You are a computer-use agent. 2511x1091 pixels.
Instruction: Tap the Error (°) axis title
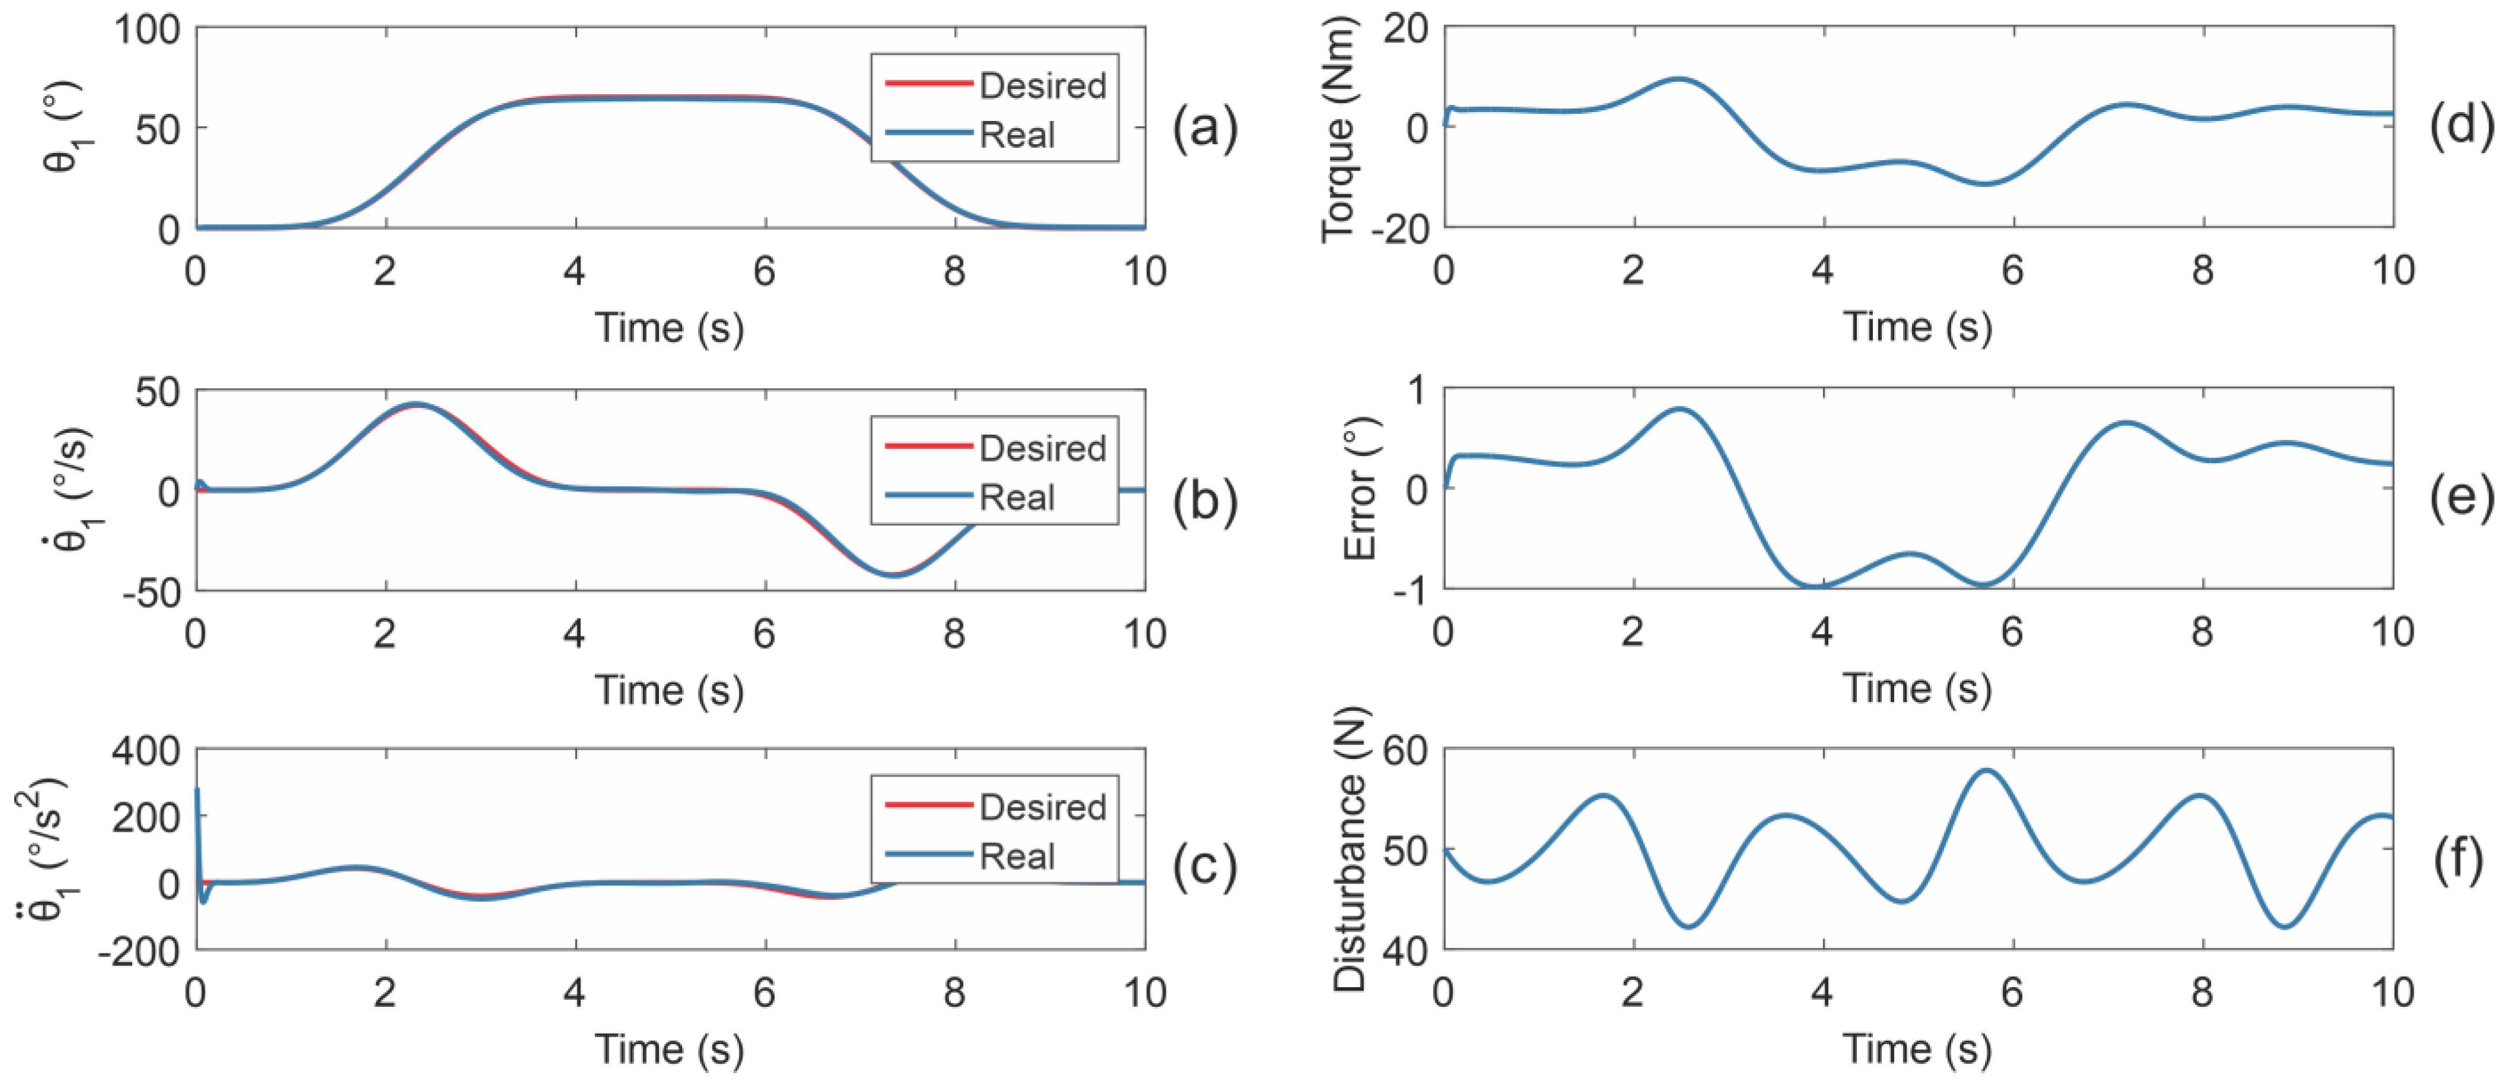pos(1360,489)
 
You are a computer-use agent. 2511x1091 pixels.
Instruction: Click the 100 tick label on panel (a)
pos(148,29)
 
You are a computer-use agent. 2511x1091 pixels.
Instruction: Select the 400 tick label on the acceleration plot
pos(146,751)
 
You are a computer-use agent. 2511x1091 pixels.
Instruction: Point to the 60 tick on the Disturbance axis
pos(1404,751)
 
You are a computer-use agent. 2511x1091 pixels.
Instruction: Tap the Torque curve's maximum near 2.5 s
pos(1678,79)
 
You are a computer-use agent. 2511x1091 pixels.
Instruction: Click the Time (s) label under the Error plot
pos(1916,688)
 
